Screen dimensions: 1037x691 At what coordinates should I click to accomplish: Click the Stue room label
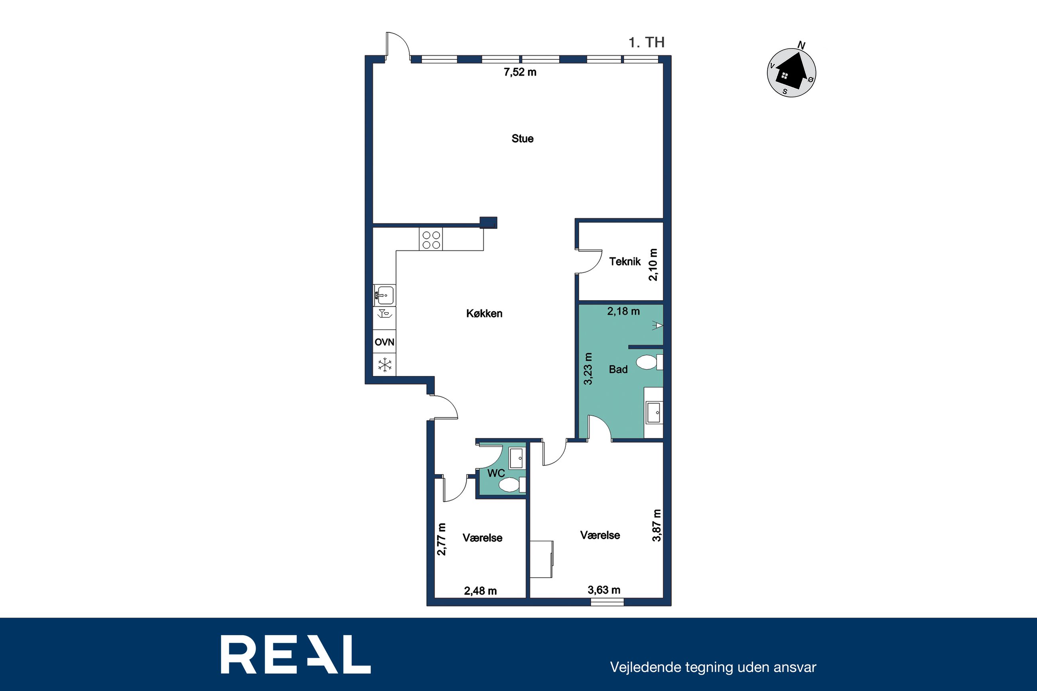[522, 139]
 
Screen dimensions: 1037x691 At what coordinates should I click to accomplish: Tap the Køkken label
[484, 313]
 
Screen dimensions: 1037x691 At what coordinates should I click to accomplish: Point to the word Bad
[618, 369]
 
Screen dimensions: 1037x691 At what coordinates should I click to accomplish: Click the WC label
[496, 473]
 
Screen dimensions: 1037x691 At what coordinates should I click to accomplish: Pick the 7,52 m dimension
[520, 72]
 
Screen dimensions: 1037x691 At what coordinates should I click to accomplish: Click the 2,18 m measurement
[623, 311]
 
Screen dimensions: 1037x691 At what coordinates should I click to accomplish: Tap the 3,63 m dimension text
[604, 590]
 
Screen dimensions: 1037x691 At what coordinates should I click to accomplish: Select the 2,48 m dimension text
[480, 591]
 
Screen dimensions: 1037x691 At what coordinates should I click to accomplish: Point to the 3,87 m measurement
[657, 525]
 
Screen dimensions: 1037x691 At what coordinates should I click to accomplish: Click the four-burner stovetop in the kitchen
[431, 240]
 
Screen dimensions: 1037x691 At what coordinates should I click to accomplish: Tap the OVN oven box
[384, 342]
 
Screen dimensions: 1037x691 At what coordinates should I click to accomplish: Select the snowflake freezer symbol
[385, 365]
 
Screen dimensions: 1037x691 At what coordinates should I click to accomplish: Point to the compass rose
[792, 72]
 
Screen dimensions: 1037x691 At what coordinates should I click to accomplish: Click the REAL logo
[296, 654]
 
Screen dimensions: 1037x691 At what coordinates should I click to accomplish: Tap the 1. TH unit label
[647, 42]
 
